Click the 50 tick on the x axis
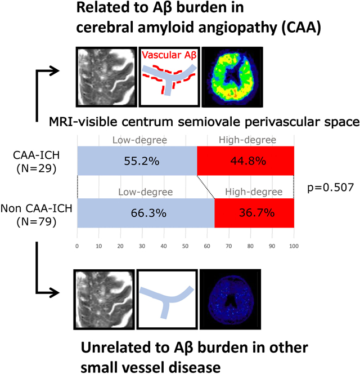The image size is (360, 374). pyautogui.click(x=186, y=246)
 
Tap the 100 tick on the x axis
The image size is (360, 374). pyautogui.click(x=293, y=246)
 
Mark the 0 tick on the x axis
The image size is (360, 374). pyautogui.click(x=77, y=246)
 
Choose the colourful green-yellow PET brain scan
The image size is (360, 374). pyautogui.click(x=232, y=77)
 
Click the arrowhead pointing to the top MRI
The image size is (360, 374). pyautogui.click(x=55, y=70)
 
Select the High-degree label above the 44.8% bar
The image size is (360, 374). pyautogui.click(x=245, y=139)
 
